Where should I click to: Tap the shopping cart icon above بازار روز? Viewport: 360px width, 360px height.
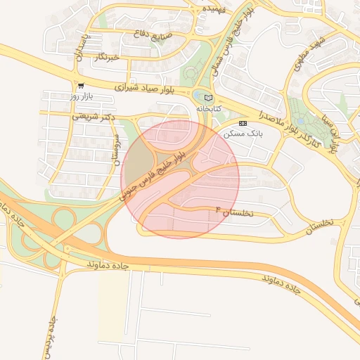[82, 86]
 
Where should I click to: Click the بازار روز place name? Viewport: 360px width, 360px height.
[82, 95]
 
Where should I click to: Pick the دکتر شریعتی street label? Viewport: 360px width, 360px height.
[94, 117]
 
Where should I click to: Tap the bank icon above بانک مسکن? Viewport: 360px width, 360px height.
[243, 122]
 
